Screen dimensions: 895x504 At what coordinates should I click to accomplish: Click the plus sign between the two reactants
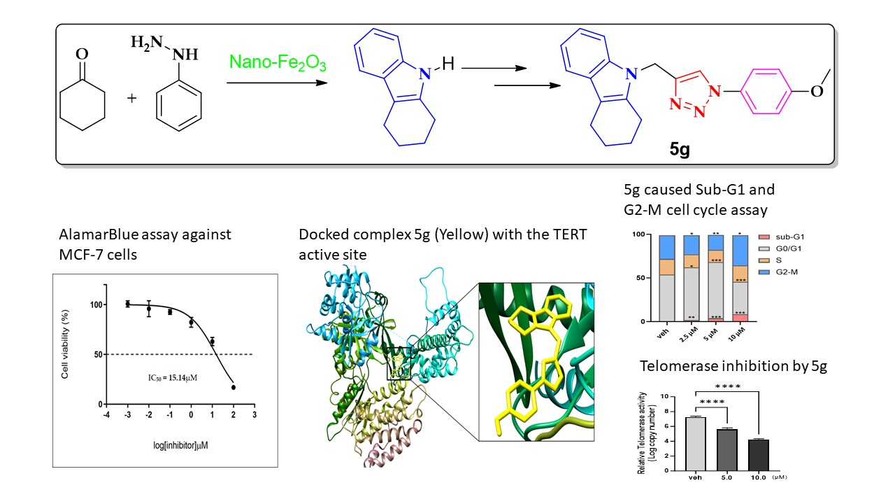tap(132, 98)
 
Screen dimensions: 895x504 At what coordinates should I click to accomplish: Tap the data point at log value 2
tap(234, 387)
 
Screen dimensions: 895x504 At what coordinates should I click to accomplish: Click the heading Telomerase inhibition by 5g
tap(733, 366)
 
